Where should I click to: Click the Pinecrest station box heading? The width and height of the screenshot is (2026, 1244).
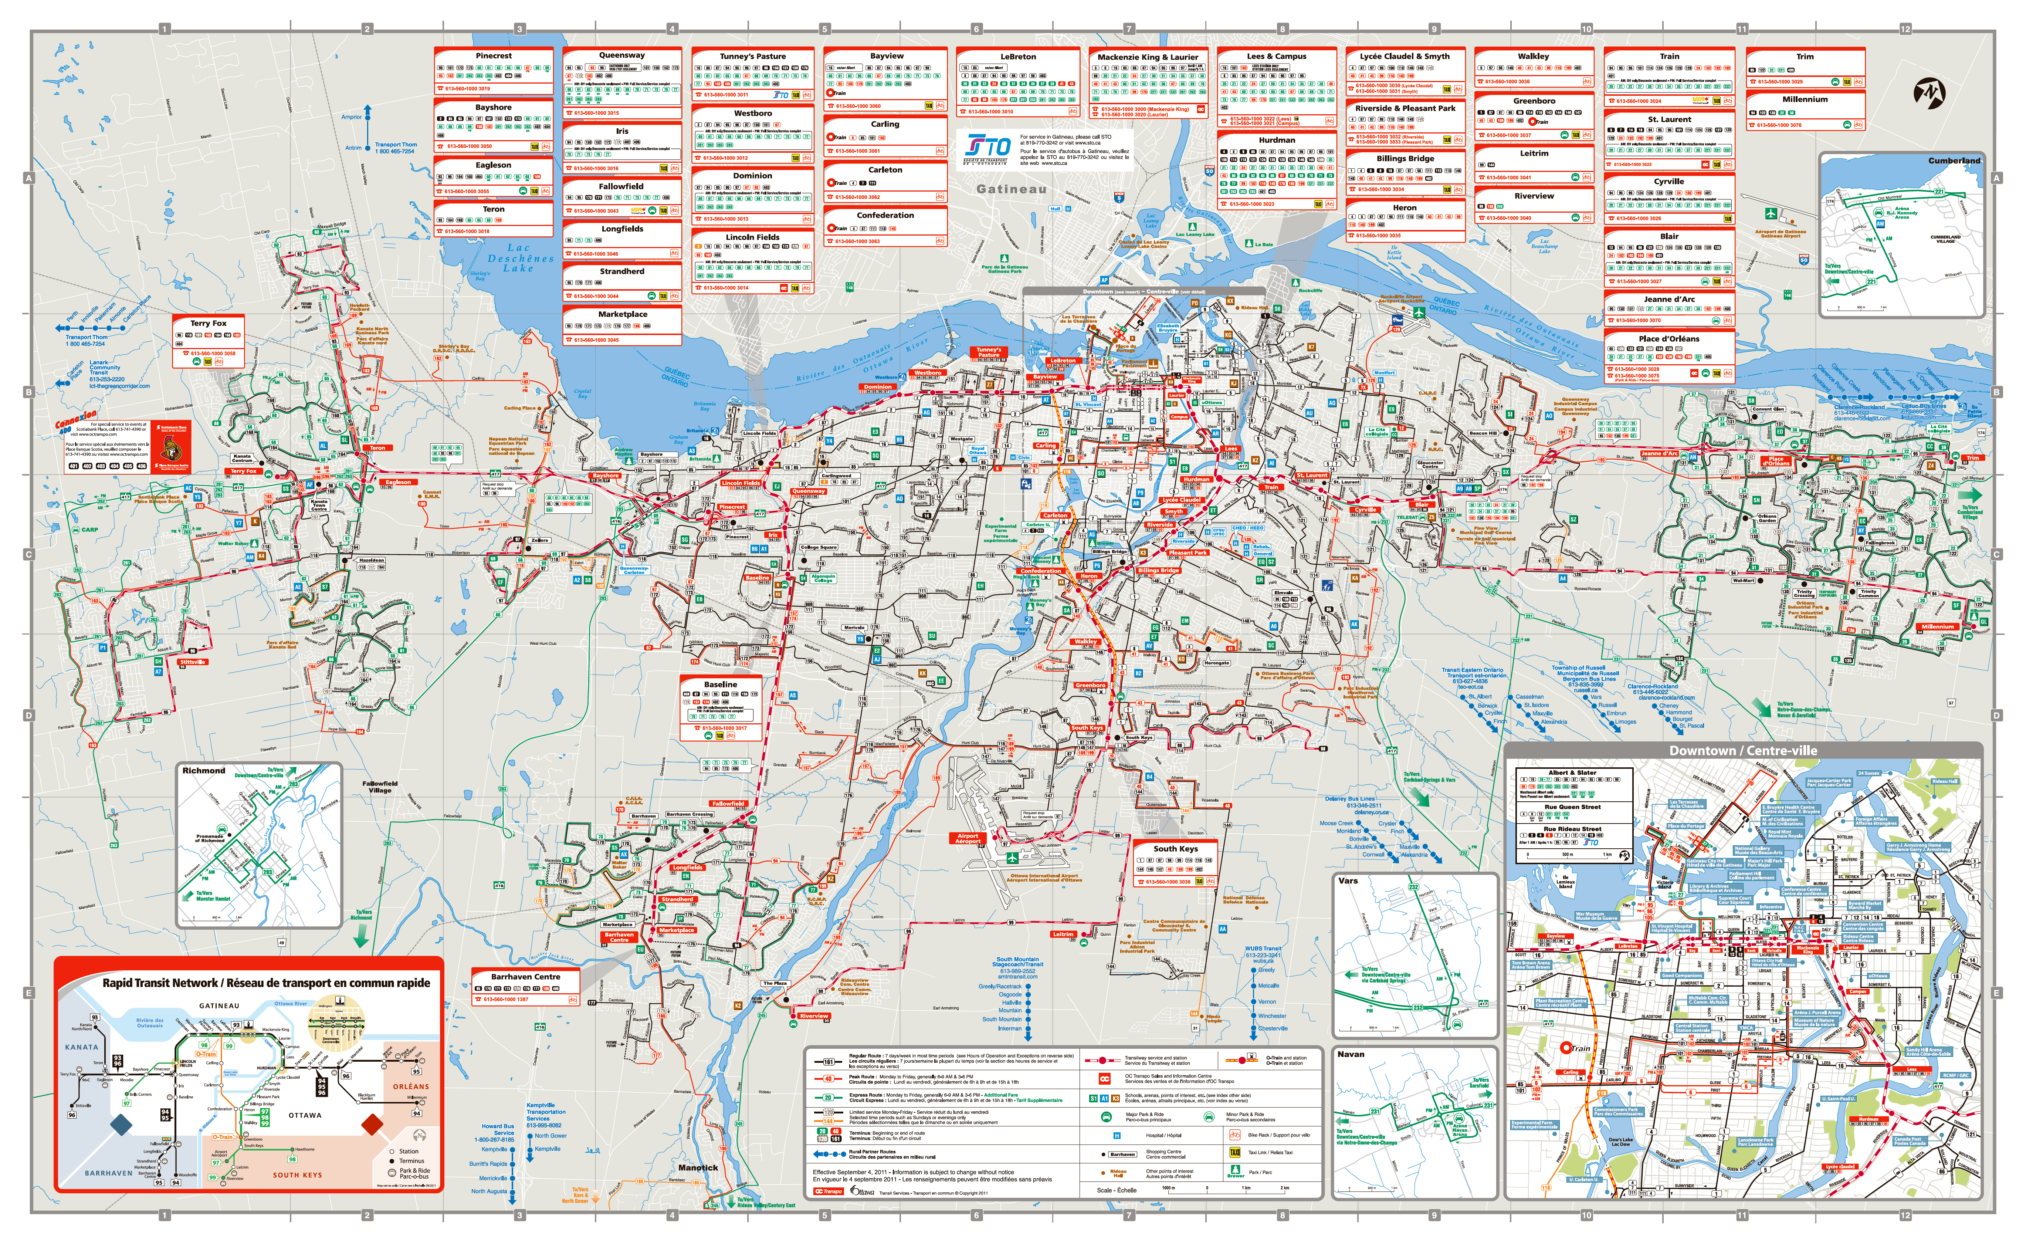click(494, 56)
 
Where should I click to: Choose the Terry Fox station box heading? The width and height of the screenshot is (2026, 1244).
click(208, 323)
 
